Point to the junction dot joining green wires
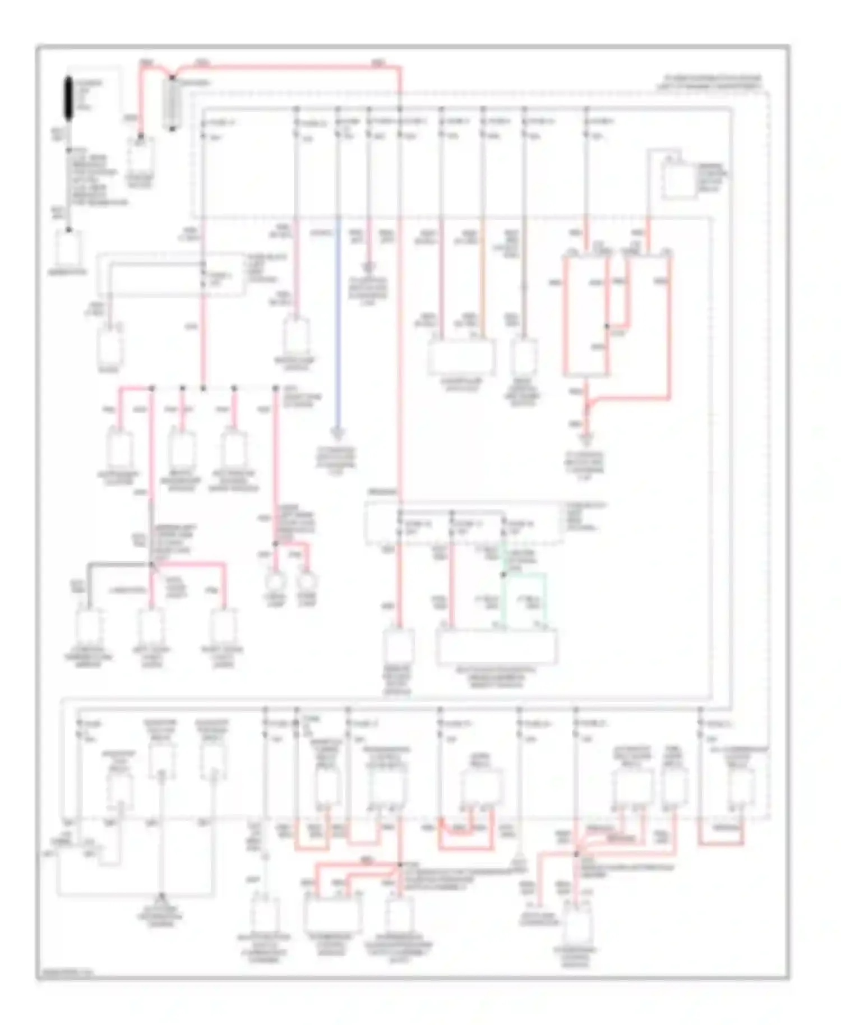click(503, 575)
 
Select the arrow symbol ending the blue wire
click(338, 434)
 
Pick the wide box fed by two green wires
click(497, 647)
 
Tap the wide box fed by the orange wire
click(461, 357)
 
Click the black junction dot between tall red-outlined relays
click(607, 326)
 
